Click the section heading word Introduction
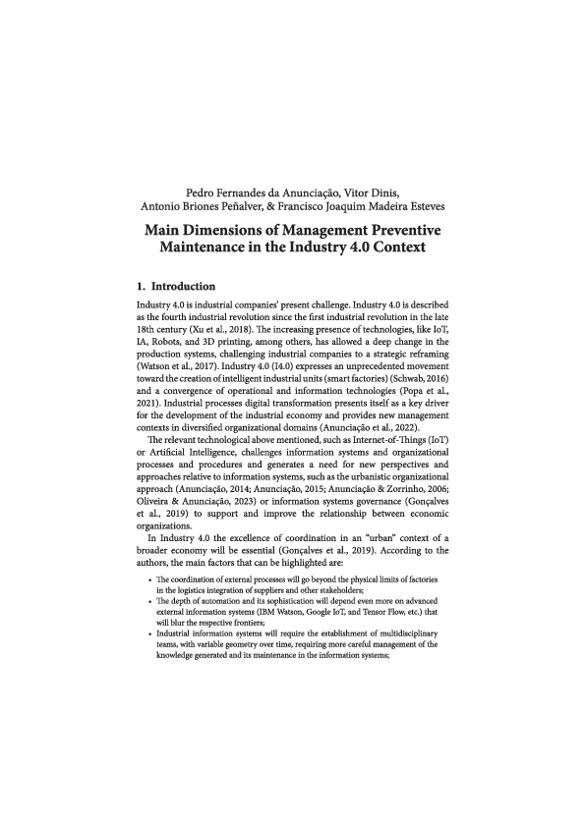(186, 287)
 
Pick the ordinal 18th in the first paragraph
(149, 321)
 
